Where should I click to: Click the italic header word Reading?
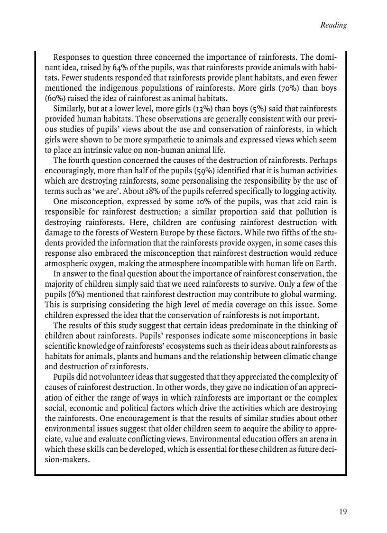tap(333, 25)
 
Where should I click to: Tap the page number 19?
tap(342, 511)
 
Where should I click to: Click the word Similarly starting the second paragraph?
tap(73, 109)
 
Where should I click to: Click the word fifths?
tap(292, 233)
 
